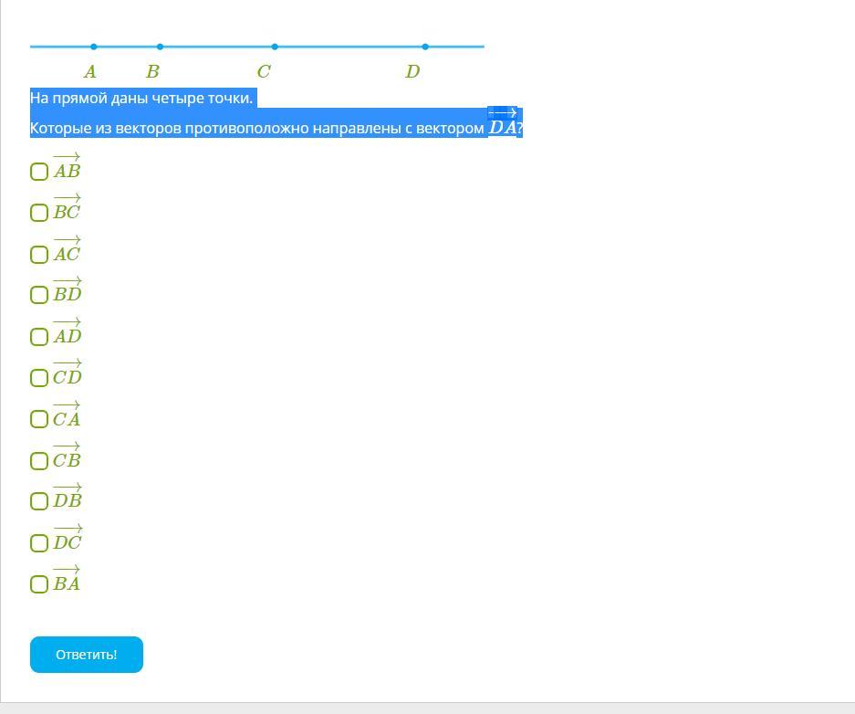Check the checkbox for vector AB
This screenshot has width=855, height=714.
[39, 172]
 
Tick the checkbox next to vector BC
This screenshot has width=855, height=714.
[39, 213]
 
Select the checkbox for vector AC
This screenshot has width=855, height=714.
[39, 255]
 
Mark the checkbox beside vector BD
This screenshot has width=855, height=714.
[39, 295]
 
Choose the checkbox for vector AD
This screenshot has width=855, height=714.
[39, 337]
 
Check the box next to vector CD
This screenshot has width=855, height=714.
[39, 378]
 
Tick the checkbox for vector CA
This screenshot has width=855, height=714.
[39, 419]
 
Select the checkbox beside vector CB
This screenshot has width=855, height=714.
[39, 461]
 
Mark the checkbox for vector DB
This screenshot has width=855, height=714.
[39, 501]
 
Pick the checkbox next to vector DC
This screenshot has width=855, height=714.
[39, 543]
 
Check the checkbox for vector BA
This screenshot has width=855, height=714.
[39, 584]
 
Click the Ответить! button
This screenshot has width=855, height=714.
[87, 655]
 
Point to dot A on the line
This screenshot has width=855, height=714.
[94, 47]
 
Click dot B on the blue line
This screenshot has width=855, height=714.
[161, 47]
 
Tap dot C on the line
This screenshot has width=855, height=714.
[275, 47]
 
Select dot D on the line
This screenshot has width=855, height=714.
[425, 47]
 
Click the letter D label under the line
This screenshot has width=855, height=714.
[412, 72]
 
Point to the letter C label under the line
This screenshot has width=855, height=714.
[264, 72]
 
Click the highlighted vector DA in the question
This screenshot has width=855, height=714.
[503, 125]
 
